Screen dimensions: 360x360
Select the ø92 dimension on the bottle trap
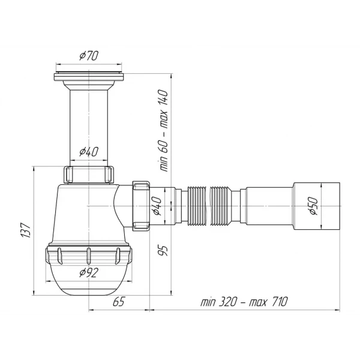click(x=89, y=273)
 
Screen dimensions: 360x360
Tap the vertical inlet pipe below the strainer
click(x=89, y=120)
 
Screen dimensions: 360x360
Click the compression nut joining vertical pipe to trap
click(x=88, y=175)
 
